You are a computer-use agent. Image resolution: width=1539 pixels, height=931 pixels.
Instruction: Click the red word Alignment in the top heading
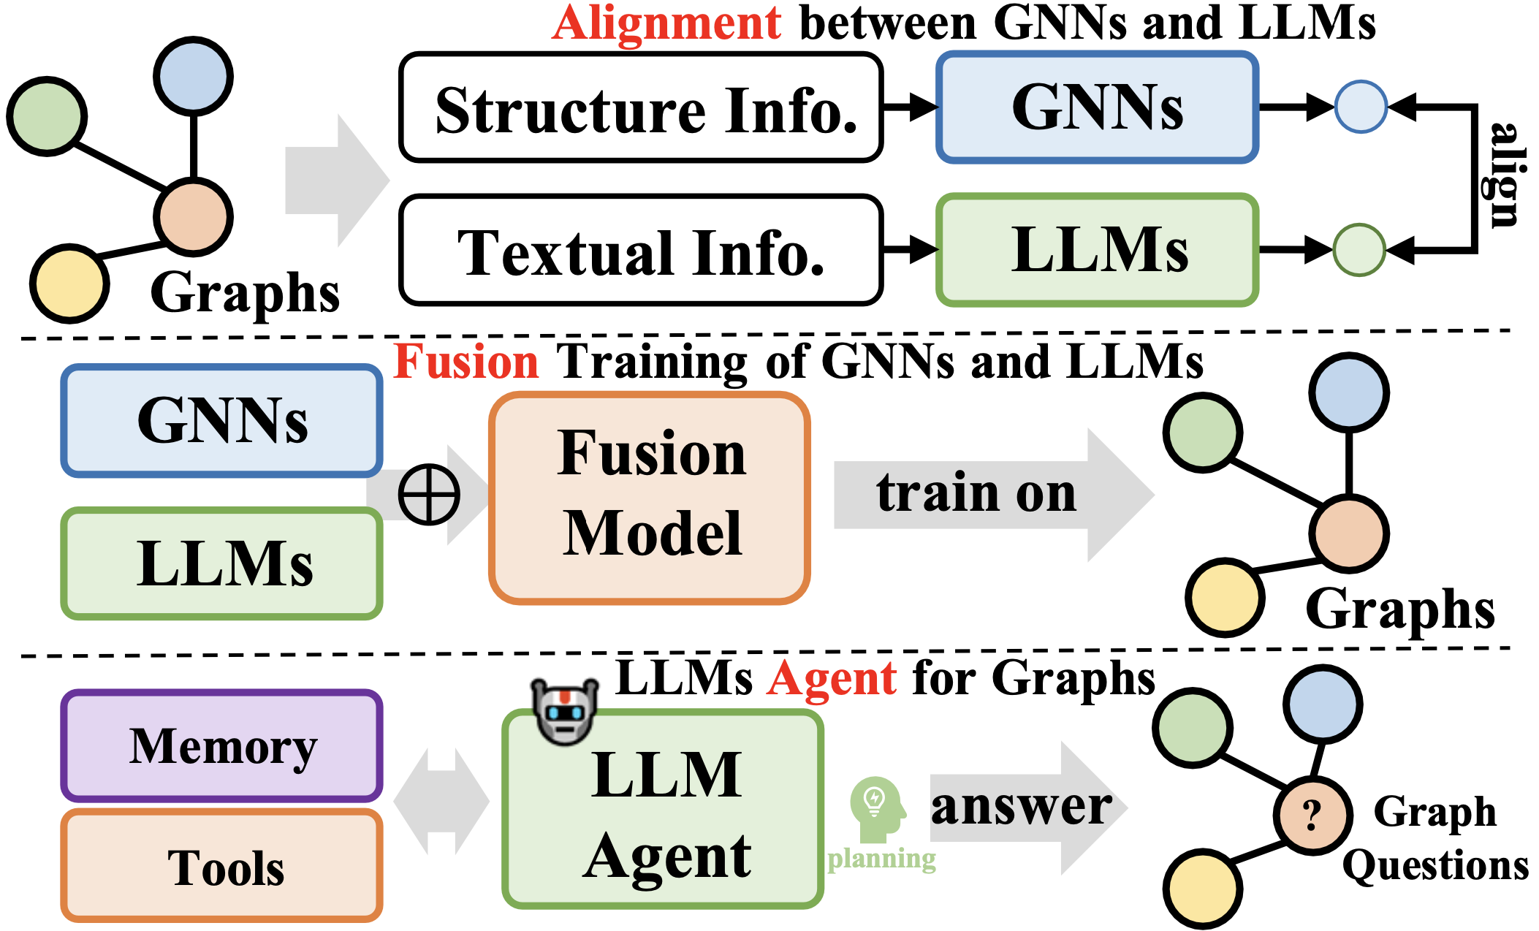(x=666, y=23)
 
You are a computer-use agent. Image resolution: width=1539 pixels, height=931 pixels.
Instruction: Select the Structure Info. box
(x=641, y=108)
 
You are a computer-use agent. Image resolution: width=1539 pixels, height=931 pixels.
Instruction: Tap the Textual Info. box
(x=641, y=251)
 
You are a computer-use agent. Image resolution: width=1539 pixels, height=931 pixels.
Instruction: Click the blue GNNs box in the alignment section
(x=1097, y=107)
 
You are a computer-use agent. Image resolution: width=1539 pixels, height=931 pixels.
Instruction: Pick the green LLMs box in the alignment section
(x=1097, y=250)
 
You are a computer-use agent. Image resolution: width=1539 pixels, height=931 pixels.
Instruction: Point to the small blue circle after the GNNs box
(x=1361, y=107)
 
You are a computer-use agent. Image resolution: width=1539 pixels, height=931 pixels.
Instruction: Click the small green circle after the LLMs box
(x=1359, y=250)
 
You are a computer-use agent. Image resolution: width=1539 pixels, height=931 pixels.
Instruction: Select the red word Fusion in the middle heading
(x=466, y=362)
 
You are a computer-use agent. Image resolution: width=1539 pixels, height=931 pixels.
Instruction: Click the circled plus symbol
(x=429, y=495)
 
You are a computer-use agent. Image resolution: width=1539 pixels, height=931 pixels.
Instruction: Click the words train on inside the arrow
(x=976, y=493)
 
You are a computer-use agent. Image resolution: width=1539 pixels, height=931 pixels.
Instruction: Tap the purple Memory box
(x=221, y=746)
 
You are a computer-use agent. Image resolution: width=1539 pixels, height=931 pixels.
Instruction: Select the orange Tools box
(x=221, y=867)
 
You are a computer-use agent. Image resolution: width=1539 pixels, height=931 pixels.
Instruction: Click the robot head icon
(x=563, y=712)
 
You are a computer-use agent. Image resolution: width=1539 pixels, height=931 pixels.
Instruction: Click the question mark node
(x=1312, y=814)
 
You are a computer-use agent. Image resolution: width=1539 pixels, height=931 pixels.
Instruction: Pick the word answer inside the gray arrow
(x=1021, y=807)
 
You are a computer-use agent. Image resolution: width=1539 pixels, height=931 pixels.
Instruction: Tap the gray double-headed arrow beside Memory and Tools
(x=441, y=802)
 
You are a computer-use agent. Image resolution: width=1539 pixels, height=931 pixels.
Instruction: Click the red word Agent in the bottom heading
(x=832, y=678)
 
